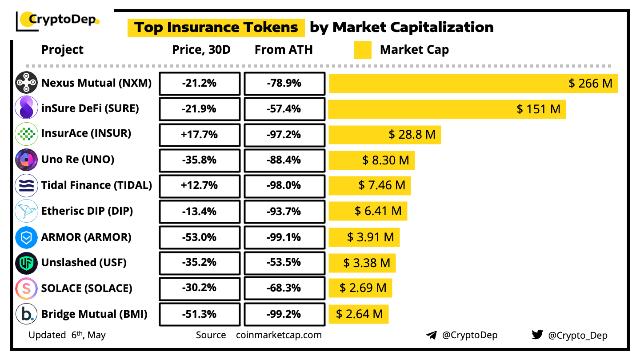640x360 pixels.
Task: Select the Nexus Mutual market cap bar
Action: [x=473, y=83]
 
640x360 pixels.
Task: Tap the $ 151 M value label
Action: [x=538, y=109]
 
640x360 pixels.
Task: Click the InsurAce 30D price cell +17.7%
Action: [x=200, y=135]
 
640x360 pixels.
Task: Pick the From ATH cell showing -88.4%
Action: [x=284, y=160]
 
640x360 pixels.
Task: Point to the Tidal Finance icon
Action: [x=26, y=186]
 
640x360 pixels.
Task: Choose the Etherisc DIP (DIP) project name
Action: [x=87, y=211]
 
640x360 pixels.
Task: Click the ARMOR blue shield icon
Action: [x=26, y=238]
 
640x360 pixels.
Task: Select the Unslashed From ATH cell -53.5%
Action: [x=284, y=262]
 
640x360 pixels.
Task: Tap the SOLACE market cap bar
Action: [x=360, y=288]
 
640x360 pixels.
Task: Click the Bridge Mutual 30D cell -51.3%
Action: [x=200, y=314]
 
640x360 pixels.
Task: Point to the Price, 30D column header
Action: [x=201, y=50]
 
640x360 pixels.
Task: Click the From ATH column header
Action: [x=284, y=50]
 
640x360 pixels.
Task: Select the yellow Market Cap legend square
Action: [x=362, y=50]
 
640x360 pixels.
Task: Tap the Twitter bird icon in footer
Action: [x=537, y=335]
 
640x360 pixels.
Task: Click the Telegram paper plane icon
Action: [x=431, y=335]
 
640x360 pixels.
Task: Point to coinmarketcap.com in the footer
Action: [x=279, y=335]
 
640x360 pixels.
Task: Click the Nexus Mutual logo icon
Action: [x=26, y=83]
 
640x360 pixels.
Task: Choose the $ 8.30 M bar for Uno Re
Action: [x=372, y=160]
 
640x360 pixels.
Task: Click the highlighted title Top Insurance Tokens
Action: [x=216, y=28]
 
